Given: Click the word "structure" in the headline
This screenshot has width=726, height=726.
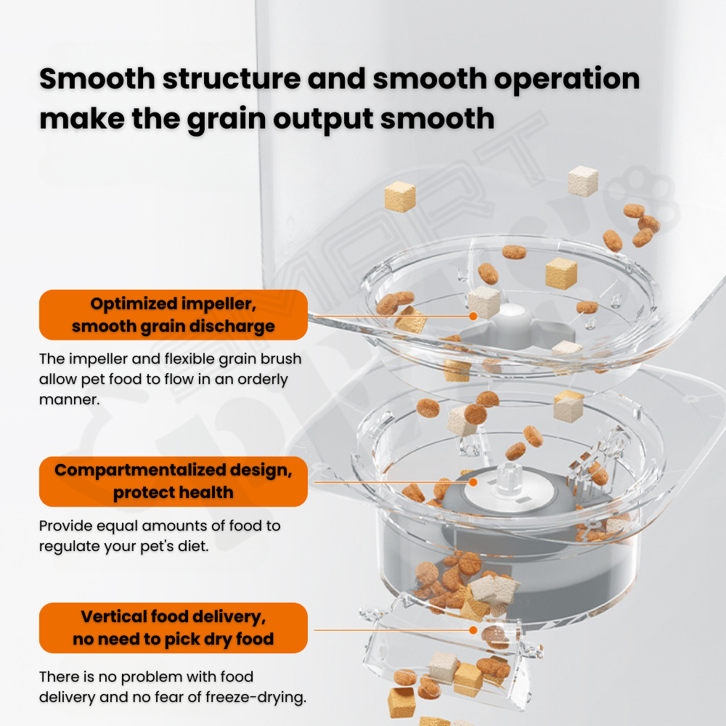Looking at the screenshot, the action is point(232,78).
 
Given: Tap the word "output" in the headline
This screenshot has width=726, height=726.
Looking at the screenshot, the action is point(323,119).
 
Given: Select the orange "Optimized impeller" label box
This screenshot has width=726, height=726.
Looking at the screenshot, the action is point(174,315).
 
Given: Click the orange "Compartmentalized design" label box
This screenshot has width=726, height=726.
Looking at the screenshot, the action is point(174,481).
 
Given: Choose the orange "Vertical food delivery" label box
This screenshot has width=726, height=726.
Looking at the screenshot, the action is point(174,628).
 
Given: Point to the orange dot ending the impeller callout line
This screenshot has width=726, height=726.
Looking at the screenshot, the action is point(473,317).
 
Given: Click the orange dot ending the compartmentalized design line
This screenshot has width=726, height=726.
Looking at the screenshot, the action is point(473,482).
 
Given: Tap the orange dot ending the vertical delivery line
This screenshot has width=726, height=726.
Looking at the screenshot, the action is point(473,630).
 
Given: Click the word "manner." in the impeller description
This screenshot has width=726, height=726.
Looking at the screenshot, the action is point(70,399).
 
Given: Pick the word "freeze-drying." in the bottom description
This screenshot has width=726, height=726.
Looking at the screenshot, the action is point(256,697).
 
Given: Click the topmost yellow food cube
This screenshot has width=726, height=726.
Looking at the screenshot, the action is point(400,197).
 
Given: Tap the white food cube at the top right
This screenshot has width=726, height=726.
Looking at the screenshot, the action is point(583,181).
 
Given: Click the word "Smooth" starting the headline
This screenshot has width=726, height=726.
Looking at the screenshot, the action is point(97,78).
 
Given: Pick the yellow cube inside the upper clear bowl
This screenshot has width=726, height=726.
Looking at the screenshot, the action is point(561,274).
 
